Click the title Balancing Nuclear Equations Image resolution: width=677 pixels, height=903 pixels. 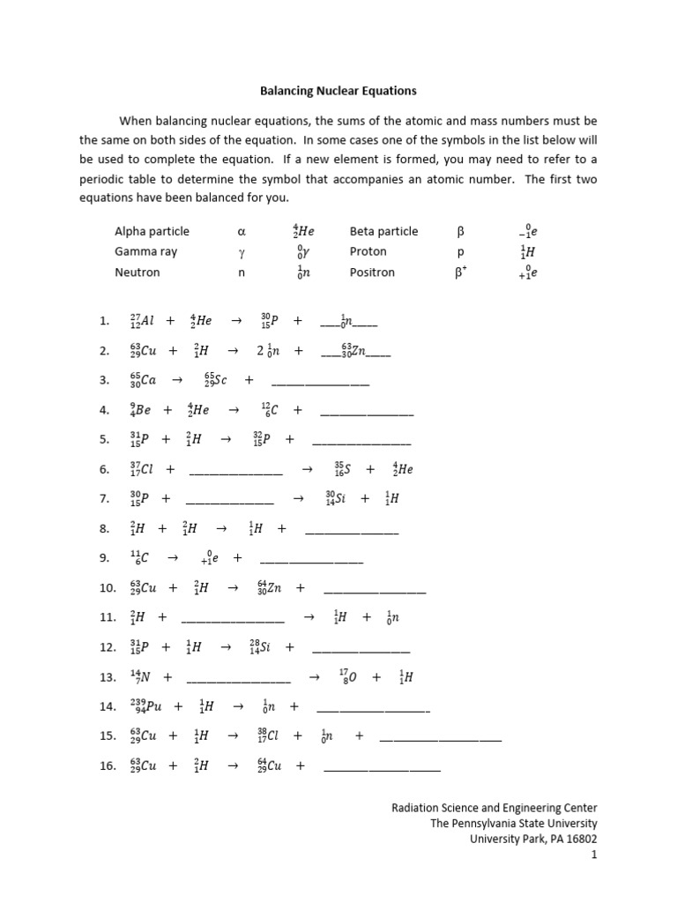[338, 91]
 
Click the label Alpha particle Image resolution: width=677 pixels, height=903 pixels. [152, 231]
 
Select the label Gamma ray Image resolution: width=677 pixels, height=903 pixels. [145, 251]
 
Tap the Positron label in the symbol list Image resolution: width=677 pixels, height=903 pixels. [372, 272]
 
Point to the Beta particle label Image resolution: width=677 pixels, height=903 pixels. [383, 231]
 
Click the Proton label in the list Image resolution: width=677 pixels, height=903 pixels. [368, 251]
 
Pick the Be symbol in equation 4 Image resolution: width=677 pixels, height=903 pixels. [143, 410]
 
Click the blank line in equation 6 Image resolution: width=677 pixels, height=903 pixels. [235, 470]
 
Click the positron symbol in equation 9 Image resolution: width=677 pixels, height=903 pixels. [209, 558]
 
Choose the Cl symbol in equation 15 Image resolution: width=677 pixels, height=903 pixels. [268, 735]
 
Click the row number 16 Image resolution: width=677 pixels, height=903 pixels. [108, 765]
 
